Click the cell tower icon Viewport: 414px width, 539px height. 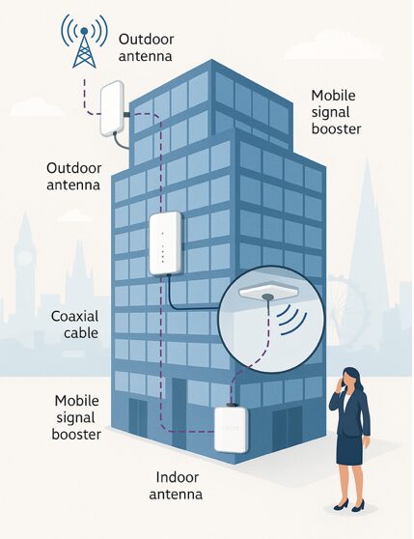click(84, 42)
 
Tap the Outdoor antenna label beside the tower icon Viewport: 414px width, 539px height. click(146, 47)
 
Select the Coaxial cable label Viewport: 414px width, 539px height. click(75, 325)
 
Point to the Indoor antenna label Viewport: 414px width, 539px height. click(176, 486)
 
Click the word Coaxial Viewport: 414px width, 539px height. click(75, 316)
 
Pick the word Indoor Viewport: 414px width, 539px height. click(178, 477)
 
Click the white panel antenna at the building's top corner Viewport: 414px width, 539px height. click(112, 108)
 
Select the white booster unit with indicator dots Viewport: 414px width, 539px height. click(165, 243)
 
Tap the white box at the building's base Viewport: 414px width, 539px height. click(231, 429)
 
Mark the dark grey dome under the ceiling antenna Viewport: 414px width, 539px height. click(268, 297)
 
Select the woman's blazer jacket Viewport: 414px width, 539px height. click(350, 412)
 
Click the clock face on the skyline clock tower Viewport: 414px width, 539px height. click(24, 258)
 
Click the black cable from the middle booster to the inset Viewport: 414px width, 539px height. click(185, 302)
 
